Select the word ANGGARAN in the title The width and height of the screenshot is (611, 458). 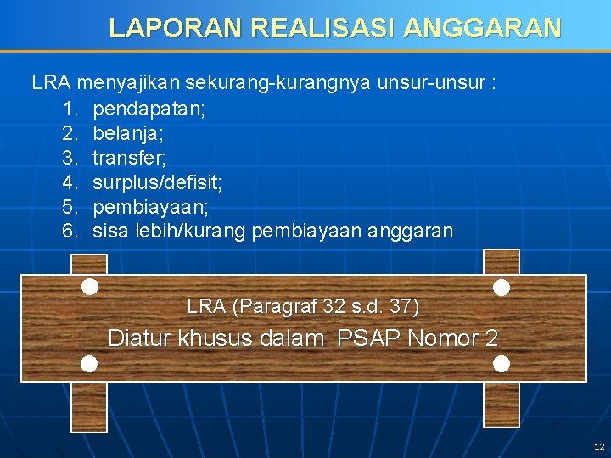click(482, 28)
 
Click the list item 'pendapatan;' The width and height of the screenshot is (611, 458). click(149, 109)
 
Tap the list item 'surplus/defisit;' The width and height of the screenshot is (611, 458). click(157, 182)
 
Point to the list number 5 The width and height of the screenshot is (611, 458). click(70, 207)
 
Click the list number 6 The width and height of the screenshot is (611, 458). click(70, 231)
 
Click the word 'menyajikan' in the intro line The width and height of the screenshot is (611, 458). click(129, 84)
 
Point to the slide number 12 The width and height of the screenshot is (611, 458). click(599, 446)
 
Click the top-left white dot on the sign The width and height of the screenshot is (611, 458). click(89, 287)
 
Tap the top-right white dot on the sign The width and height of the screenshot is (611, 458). click(502, 288)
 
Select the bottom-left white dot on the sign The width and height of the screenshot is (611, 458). click(89, 364)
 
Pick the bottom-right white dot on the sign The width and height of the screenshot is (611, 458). click(502, 364)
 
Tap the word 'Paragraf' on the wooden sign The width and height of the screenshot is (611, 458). click(279, 306)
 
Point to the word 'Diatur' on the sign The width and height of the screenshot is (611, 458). click(138, 338)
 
